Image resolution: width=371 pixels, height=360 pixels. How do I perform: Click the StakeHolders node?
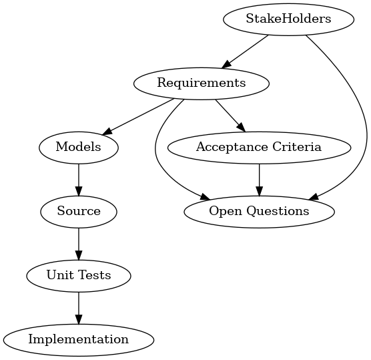click(288, 19)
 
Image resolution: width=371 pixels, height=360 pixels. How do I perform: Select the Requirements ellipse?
click(202, 83)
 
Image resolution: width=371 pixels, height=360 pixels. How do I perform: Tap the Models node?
click(79, 148)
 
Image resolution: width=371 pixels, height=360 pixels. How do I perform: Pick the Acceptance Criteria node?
click(259, 148)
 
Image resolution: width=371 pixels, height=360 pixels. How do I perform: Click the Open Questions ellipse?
click(259, 212)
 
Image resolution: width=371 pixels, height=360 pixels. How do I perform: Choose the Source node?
click(79, 212)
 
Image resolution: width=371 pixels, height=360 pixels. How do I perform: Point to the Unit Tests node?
click(79, 276)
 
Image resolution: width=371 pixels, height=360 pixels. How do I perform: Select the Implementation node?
click(79, 340)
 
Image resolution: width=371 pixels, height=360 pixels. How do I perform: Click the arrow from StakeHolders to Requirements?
click(245, 52)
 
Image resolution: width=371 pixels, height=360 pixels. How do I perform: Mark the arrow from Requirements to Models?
click(138, 118)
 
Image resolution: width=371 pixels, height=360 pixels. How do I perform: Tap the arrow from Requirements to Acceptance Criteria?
click(230, 116)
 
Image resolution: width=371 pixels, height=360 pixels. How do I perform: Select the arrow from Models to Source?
click(79, 180)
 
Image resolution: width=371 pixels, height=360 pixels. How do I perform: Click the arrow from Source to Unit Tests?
click(79, 244)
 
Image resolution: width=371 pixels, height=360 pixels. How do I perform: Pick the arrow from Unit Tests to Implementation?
click(79, 308)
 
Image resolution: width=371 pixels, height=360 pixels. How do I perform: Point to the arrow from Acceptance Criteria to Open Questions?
click(259, 180)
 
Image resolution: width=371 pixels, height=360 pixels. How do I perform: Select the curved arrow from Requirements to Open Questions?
click(155, 152)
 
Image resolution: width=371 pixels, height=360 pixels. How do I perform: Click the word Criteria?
click(297, 147)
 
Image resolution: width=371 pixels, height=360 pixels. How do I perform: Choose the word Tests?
click(95, 275)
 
